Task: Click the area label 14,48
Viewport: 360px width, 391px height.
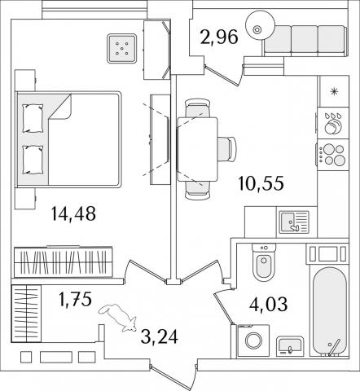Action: [x=73, y=213]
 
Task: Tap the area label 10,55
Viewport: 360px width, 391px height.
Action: [x=261, y=183]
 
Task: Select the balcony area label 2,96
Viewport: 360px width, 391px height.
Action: [x=219, y=37]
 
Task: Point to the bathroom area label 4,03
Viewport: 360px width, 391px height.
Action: [x=268, y=304]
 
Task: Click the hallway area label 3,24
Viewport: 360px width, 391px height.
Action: [x=160, y=336]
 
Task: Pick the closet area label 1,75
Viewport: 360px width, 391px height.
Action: [x=76, y=299]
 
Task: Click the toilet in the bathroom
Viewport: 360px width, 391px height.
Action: [x=264, y=262]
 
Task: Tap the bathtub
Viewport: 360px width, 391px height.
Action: [x=329, y=311]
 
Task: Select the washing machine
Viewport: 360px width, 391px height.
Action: [x=253, y=340]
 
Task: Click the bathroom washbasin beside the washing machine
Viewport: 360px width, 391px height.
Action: [x=290, y=346]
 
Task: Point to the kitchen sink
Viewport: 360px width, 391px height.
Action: [x=292, y=222]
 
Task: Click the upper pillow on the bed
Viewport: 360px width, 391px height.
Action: [x=33, y=118]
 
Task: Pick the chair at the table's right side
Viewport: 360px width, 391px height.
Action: [x=226, y=149]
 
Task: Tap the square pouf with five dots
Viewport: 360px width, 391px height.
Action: [x=121, y=49]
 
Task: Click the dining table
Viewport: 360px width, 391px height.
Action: [x=197, y=149]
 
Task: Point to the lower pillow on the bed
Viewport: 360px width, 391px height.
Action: [x=33, y=160]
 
